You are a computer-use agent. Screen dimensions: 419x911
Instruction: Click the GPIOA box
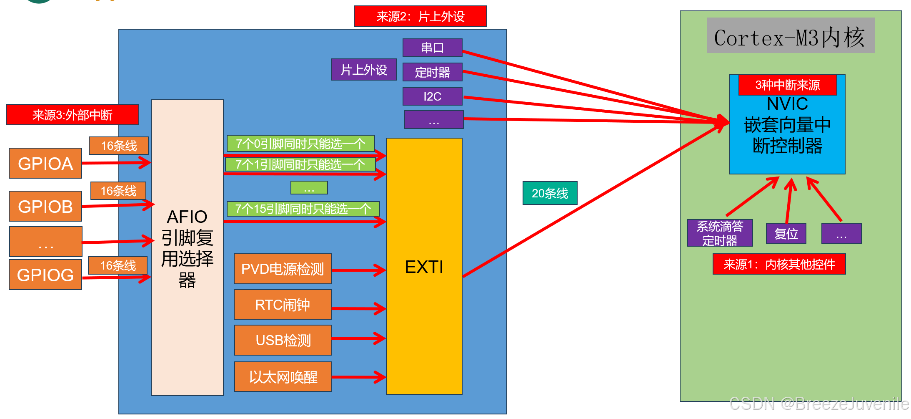coord(45,163)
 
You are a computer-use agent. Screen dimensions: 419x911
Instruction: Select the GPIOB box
coord(45,206)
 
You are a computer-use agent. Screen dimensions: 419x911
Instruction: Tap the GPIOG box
coord(45,275)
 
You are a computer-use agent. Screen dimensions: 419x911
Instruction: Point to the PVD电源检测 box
coord(283,269)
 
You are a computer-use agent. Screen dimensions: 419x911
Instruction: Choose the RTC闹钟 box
coord(283,305)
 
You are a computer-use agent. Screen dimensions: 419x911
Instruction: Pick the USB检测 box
coord(283,340)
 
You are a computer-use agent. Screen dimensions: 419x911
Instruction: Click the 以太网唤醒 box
coord(283,377)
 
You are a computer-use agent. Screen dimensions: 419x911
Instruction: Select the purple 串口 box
coord(432,48)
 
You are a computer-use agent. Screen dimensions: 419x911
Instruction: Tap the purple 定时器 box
coord(432,72)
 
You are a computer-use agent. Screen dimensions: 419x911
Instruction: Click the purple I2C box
coord(432,96)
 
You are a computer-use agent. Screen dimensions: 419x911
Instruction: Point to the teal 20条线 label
coord(550,193)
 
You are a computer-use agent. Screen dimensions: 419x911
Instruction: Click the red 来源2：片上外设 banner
coord(420,16)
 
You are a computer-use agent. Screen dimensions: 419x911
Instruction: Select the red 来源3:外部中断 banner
coord(72,115)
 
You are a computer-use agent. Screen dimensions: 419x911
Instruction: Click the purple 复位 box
coord(786,234)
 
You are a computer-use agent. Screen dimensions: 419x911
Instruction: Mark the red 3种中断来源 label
coord(787,85)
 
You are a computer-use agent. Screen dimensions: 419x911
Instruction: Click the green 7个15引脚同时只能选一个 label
coord(303,209)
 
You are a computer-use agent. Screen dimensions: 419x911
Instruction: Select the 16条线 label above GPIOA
coord(119,146)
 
